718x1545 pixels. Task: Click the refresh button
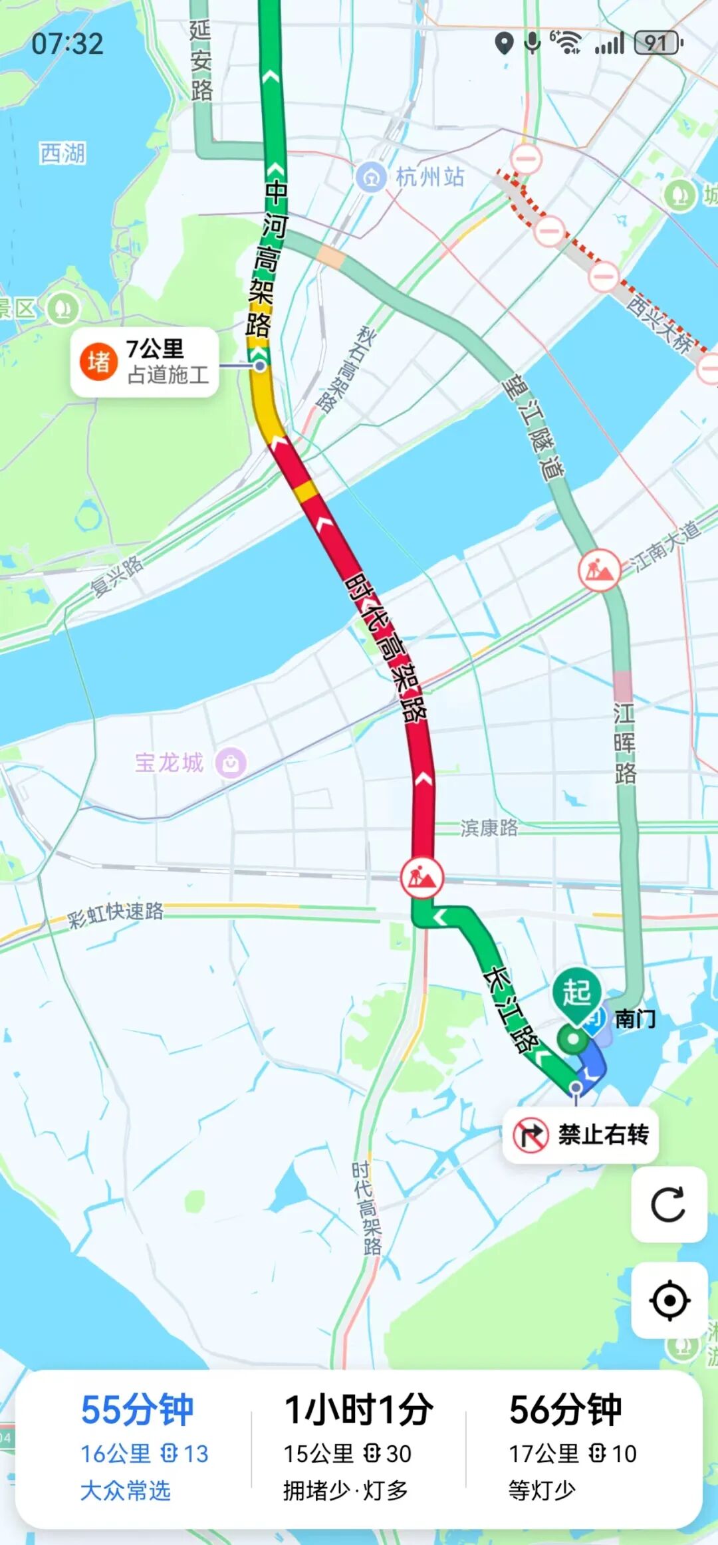[x=668, y=1204]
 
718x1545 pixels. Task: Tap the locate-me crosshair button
[x=668, y=1300]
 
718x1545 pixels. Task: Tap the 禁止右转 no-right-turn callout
[x=581, y=1134]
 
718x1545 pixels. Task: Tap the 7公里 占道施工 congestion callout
[x=145, y=362]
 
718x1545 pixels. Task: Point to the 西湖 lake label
[x=62, y=154]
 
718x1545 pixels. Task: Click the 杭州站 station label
[x=429, y=177]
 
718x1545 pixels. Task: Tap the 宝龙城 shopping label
[x=170, y=763]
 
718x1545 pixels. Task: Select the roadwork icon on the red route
[x=421, y=878]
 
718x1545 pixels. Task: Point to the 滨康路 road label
[x=489, y=828]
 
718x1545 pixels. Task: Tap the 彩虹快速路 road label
[x=116, y=913]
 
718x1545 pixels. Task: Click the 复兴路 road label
[x=117, y=576]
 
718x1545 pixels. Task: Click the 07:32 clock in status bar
[x=68, y=44]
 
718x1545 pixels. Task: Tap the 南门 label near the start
[x=635, y=1018]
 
